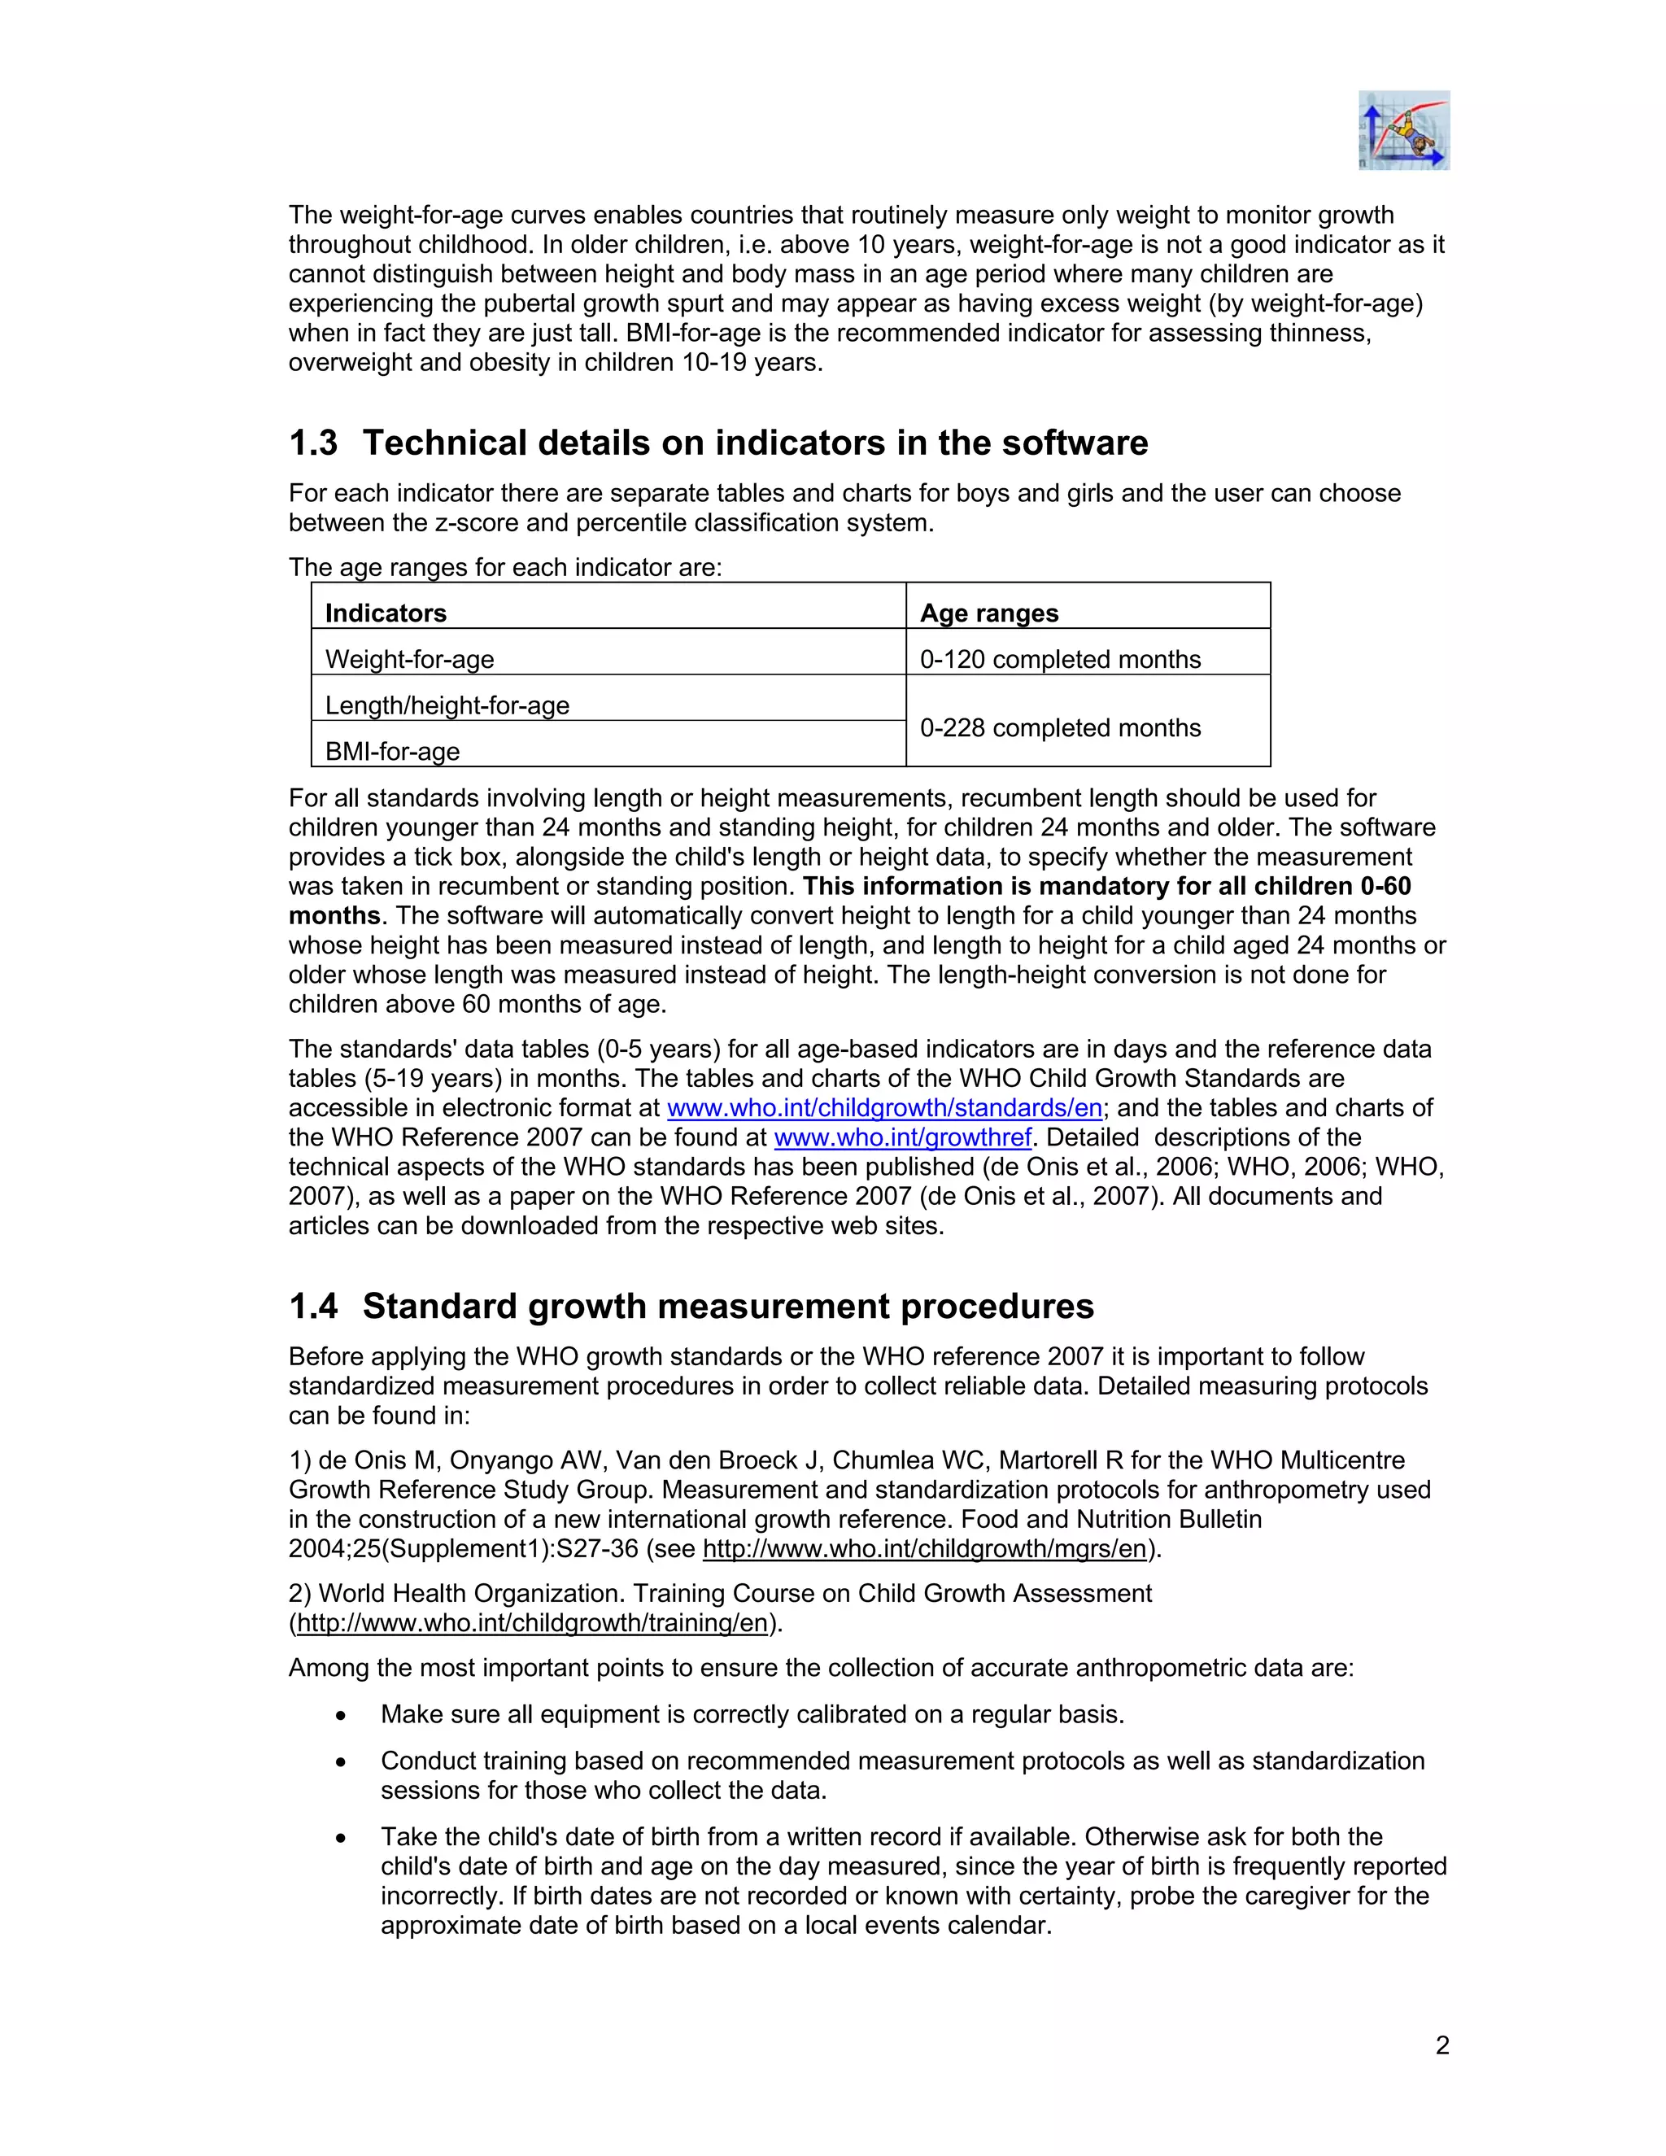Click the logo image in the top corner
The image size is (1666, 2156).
pos(1403,130)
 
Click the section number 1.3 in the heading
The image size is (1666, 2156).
pos(313,443)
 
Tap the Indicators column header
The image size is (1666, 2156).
pos(386,613)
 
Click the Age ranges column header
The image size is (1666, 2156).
pos(989,613)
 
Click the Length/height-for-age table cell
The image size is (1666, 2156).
pos(447,705)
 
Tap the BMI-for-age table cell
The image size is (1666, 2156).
pos(393,751)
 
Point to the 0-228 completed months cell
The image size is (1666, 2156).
pos(1060,727)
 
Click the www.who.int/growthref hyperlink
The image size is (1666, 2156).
pos(902,1137)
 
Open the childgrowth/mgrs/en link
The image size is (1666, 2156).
pos(924,1548)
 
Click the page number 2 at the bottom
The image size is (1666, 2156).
pos(1442,2045)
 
